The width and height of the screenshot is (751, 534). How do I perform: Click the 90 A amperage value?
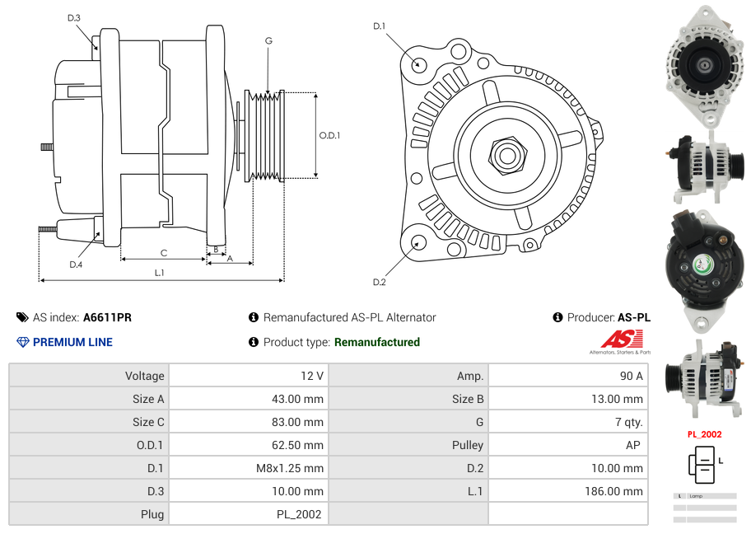(631, 376)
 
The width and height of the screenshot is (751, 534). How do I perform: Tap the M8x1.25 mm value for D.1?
(292, 468)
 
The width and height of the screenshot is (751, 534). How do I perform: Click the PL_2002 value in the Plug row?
(300, 514)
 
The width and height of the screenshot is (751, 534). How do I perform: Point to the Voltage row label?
(144, 376)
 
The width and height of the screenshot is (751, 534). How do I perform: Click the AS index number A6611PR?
(107, 317)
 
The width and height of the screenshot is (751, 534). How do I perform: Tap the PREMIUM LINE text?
(72, 342)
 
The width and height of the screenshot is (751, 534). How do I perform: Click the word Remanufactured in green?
(377, 342)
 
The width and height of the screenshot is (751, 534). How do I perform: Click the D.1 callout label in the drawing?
(379, 26)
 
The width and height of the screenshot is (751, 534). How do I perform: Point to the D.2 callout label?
(379, 283)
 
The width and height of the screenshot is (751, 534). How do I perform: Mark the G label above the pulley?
(268, 40)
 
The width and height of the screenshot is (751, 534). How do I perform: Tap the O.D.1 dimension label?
(329, 135)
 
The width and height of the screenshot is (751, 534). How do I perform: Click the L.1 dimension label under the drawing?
(159, 273)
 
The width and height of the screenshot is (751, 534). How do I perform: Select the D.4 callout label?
(76, 264)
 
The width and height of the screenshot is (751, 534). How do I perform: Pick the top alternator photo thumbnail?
(705, 65)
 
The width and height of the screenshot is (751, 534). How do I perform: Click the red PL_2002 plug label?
(704, 434)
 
